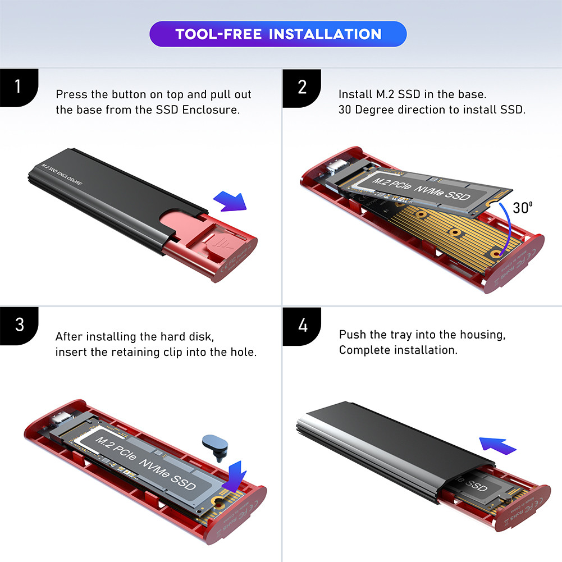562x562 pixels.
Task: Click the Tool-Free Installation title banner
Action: click(x=278, y=34)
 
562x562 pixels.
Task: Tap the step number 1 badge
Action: click(x=19, y=87)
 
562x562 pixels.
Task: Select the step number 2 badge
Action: click(x=302, y=87)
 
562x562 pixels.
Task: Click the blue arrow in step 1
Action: click(x=230, y=201)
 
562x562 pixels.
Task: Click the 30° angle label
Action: click(x=522, y=208)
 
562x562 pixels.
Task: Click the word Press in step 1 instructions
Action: click(x=71, y=94)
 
